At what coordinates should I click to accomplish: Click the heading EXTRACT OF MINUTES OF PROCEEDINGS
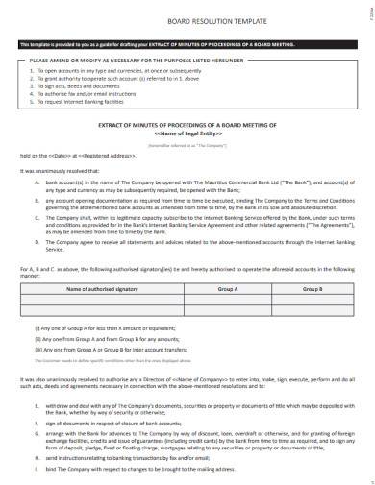(x=187, y=126)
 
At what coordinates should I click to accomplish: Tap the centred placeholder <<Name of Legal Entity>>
(x=187, y=134)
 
